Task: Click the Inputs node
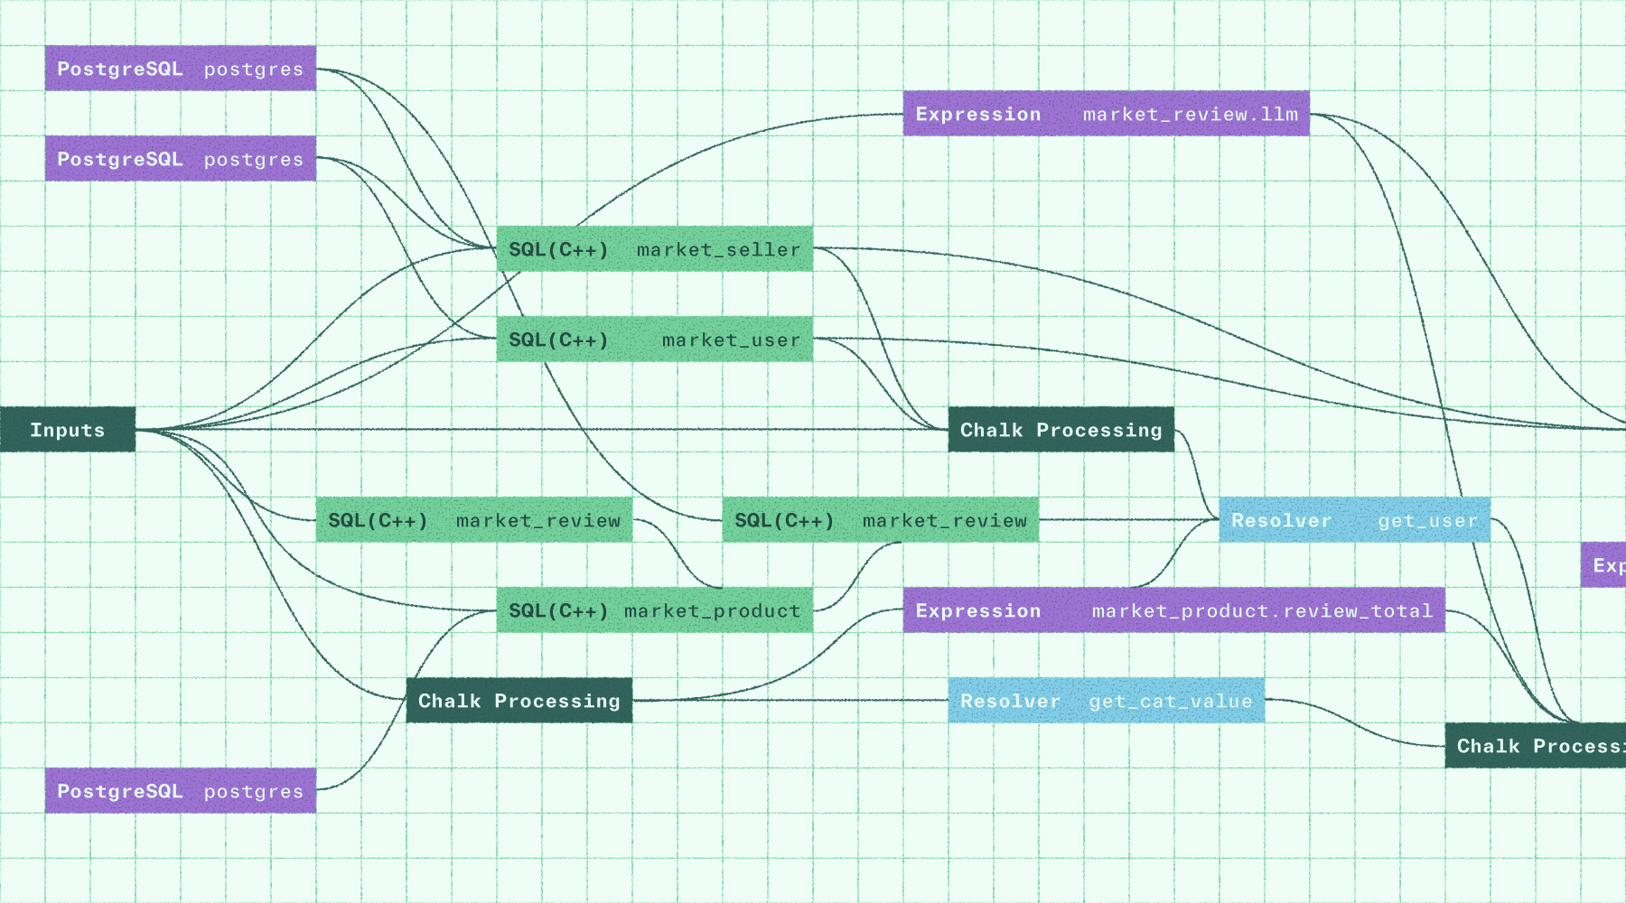[x=68, y=430]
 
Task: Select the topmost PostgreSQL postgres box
[x=181, y=69]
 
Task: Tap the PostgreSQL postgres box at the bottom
[x=181, y=791]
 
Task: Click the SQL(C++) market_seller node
[x=655, y=249]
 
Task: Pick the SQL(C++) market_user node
[x=655, y=340]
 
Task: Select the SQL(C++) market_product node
[x=655, y=610]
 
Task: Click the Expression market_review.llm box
[x=1107, y=114]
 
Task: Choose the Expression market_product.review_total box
[x=1174, y=610]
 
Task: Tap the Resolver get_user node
[x=1355, y=520]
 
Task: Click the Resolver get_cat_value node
[x=1107, y=701]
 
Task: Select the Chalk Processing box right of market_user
[x=1061, y=430]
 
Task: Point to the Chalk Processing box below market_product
[x=519, y=701]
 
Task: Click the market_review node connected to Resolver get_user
[x=881, y=520]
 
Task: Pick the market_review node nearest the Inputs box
[x=474, y=520]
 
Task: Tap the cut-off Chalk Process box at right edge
[x=1536, y=746]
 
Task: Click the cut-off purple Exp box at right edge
[x=1604, y=565]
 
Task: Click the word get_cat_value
[x=1171, y=702]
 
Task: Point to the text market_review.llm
[x=1191, y=115]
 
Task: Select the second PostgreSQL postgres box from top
[x=181, y=159]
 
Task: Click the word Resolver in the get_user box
[x=1281, y=521]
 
